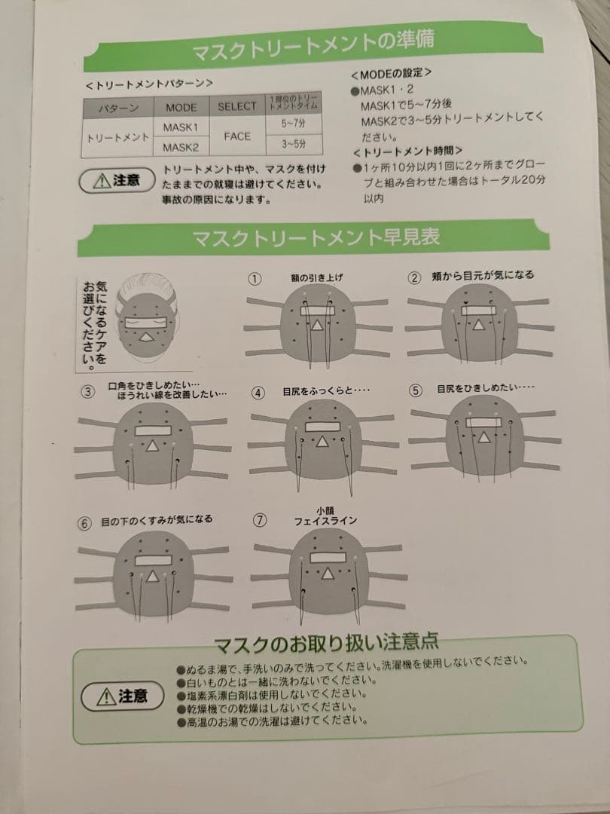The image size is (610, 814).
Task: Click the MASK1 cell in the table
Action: point(181,127)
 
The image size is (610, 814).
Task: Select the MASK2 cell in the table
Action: point(181,147)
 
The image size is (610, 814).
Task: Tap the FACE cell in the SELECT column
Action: point(237,137)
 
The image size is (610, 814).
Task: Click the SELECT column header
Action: point(237,106)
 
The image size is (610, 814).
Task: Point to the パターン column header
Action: point(118,108)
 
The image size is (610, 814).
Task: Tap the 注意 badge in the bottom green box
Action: point(123,696)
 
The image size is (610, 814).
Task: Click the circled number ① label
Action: point(255,278)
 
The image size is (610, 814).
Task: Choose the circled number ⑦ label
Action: point(260,519)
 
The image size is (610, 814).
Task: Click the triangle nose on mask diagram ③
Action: point(153,447)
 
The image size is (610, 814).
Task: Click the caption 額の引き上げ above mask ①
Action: point(316,278)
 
